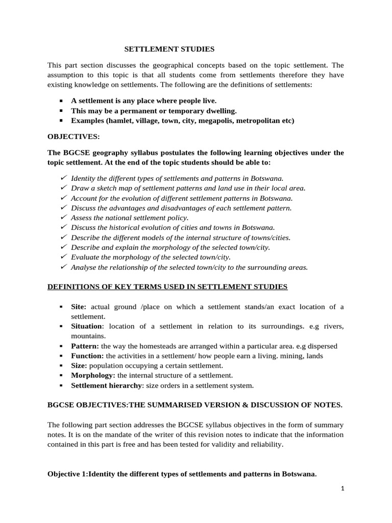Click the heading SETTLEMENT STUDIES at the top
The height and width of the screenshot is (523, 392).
[170, 49]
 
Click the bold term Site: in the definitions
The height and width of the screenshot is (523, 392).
[79, 306]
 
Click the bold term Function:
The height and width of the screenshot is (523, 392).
[88, 355]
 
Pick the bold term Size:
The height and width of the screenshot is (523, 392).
[79, 366]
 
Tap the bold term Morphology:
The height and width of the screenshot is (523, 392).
[93, 375]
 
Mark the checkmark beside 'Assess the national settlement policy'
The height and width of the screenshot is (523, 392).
[63, 217]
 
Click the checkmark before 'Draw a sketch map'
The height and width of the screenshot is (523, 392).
[63, 187]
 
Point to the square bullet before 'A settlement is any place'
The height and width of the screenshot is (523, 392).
[61, 101]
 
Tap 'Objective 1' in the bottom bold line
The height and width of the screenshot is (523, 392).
[68, 473]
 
